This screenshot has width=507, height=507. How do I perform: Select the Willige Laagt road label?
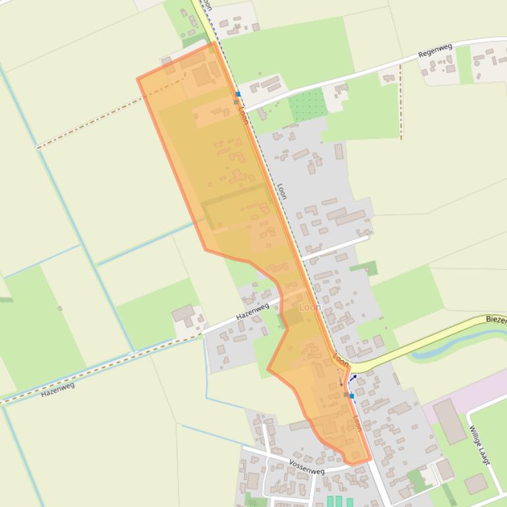tap(479, 445)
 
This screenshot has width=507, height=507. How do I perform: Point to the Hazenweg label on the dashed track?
tap(57, 389)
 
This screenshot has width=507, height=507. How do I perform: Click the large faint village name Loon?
tap(310, 307)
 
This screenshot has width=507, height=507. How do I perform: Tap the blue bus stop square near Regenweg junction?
tap(238, 95)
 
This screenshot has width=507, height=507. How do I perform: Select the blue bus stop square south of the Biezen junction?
tap(351, 396)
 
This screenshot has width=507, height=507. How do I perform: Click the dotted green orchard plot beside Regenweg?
tap(307, 104)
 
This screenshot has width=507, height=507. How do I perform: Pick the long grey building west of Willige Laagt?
tap(450, 421)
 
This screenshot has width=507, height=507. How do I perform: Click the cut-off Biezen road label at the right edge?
tap(496, 319)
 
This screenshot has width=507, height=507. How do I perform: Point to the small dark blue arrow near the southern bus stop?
tap(353, 378)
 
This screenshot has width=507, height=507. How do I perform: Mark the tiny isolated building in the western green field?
tap(60, 308)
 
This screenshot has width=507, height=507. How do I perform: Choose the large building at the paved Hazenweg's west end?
tap(183, 313)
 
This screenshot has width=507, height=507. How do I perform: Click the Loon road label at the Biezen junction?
tap(341, 360)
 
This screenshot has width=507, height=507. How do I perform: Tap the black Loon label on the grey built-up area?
tap(282, 192)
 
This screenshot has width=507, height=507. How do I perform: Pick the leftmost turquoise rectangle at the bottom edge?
tap(330, 502)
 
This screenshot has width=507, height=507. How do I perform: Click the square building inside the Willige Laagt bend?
tap(475, 484)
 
